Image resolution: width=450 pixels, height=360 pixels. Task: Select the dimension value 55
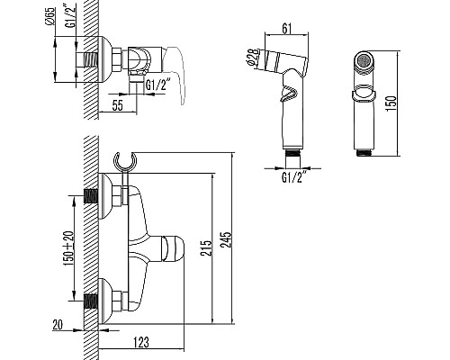click(x=118, y=105)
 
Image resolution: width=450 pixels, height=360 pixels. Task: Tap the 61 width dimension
click(x=287, y=29)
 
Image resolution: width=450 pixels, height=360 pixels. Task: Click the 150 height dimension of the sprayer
click(x=391, y=103)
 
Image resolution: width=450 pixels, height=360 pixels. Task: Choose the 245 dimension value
click(x=226, y=239)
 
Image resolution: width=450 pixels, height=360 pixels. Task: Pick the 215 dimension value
click(x=206, y=247)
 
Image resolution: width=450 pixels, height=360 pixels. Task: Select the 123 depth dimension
click(x=140, y=342)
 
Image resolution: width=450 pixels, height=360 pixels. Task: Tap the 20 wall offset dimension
click(x=58, y=325)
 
